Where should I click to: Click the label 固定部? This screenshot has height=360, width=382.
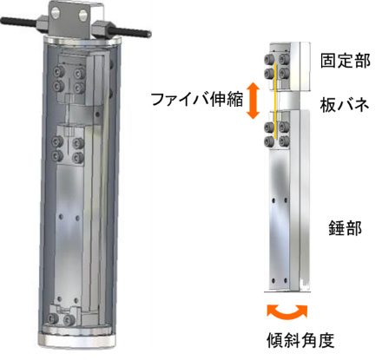pyautogui.click(x=346, y=61)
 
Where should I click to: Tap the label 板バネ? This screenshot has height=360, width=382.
pyautogui.click(x=345, y=105)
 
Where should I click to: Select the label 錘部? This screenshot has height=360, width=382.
pyautogui.click(x=346, y=228)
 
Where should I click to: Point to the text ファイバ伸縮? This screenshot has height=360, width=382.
pyautogui.click(x=197, y=100)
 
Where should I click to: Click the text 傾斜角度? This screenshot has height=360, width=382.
pyautogui.click(x=300, y=340)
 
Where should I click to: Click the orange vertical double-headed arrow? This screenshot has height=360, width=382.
pyautogui.click(x=253, y=101)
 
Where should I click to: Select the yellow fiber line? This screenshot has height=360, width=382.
pyautogui.click(x=275, y=101)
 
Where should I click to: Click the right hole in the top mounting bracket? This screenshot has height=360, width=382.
pyautogui.click(x=83, y=13)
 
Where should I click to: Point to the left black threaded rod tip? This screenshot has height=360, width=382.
pyautogui.click(x=3, y=21)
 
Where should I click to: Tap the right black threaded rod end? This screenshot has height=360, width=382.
pyautogui.click(x=148, y=34)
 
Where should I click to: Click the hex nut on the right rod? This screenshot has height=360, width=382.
pyautogui.click(x=102, y=29)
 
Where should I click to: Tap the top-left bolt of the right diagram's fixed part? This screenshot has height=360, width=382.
pyautogui.click(x=269, y=59)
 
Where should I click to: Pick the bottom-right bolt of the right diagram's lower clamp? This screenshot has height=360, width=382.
pyautogui.click(x=284, y=141)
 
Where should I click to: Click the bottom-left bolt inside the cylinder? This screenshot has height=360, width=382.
pyautogui.click(x=53, y=318)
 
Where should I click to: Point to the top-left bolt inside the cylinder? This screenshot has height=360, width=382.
pyautogui.click(x=60, y=72)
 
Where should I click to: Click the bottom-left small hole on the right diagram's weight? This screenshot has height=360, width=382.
pyautogui.click(x=273, y=280)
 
